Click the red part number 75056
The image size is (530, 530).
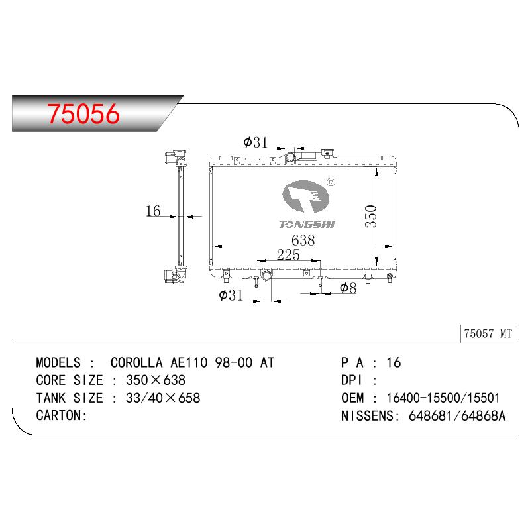(83, 113)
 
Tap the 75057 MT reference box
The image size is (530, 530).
(489, 334)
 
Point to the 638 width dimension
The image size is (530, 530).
(303, 240)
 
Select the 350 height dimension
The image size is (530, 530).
(371, 217)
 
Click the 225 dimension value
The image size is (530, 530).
(288, 254)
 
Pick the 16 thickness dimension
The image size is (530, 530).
(153, 211)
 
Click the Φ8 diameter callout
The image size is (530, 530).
(348, 288)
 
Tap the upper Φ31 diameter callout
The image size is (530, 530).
(255, 142)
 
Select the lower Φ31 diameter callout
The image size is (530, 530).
(231, 295)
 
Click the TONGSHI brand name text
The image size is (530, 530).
(307, 225)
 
